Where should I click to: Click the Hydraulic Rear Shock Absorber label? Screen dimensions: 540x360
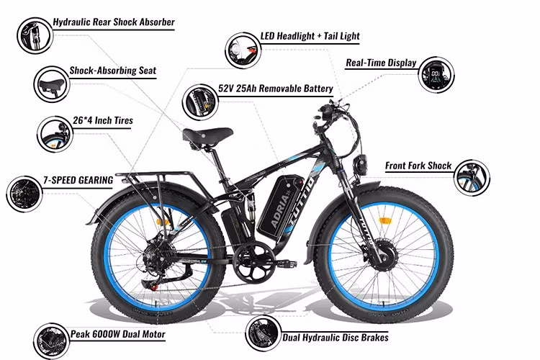pos(114,22)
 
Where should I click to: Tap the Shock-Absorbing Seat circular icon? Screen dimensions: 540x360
pos(52,84)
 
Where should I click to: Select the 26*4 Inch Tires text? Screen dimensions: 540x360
pos(103,120)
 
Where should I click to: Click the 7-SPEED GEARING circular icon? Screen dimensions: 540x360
pos(24,194)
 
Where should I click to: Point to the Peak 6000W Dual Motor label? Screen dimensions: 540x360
pos(118,334)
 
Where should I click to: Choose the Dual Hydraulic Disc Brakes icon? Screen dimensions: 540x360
pos(263,333)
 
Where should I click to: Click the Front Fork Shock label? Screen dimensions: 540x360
pos(418,166)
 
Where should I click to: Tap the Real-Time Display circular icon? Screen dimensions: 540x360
pos(436,75)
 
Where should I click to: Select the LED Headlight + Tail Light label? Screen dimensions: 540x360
pos(310,36)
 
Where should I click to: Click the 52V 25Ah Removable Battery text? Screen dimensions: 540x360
pos(276,89)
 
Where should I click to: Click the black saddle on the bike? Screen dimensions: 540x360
pos(207,135)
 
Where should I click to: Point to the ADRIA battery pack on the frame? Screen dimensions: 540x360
pos(282,205)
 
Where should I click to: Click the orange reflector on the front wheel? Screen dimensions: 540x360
pos(384,221)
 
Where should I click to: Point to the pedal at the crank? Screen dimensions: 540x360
pos(286,264)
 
